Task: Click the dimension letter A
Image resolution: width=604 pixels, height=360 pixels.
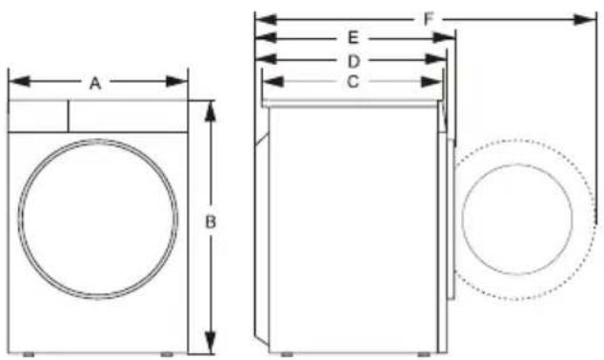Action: point(95,83)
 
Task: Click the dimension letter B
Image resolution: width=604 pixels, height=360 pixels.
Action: point(211,222)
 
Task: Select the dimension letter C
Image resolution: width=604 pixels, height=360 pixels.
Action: point(352,82)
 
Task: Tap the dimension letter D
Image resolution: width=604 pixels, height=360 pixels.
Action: point(353,61)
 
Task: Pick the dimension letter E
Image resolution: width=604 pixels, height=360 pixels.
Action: point(353,38)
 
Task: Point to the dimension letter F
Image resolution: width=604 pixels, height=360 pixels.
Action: point(429,19)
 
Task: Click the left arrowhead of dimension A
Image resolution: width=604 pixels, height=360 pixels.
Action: point(19,82)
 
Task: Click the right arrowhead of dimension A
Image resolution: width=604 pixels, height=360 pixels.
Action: point(177,82)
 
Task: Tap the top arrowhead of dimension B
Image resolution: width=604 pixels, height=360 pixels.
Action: point(211,111)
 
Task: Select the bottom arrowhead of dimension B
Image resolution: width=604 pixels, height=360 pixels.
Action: point(211,342)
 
